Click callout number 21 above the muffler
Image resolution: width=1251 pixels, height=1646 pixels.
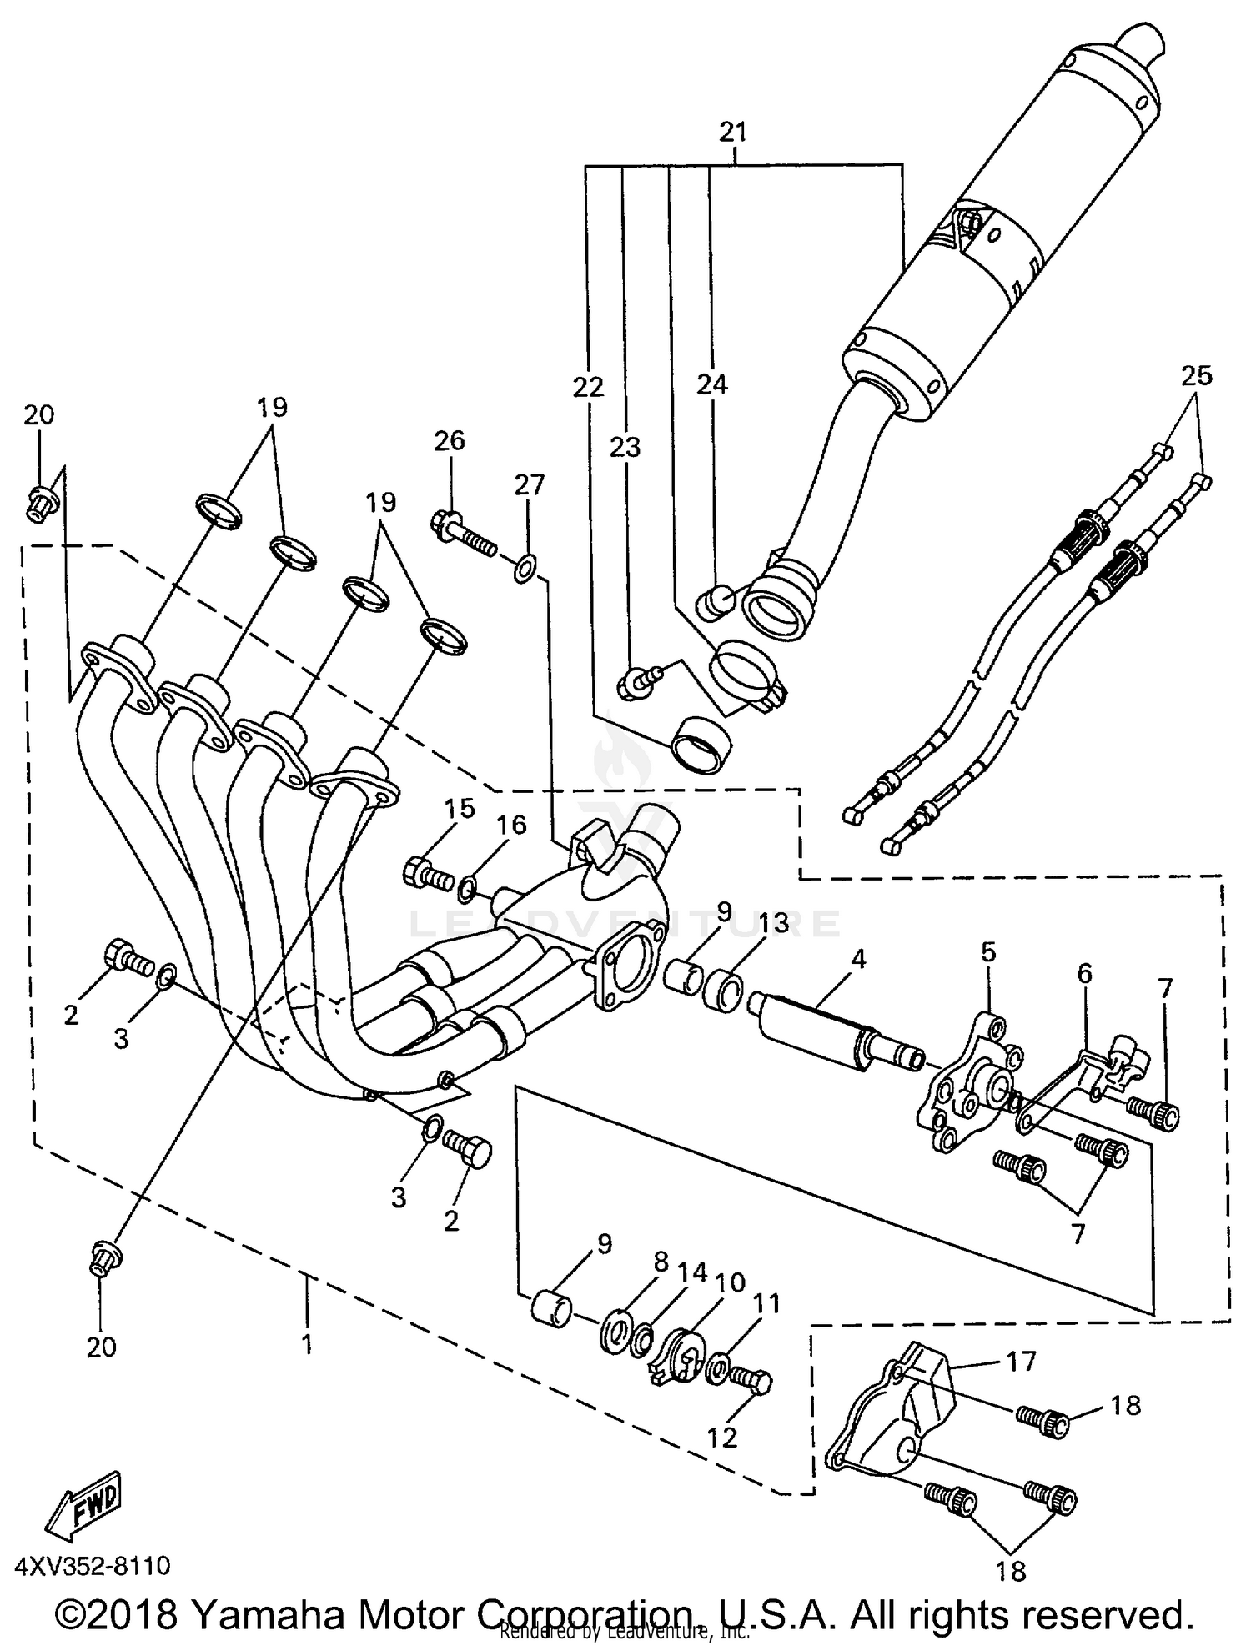tap(733, 133)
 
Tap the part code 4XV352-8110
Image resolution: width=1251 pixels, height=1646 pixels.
tap(93, 1566)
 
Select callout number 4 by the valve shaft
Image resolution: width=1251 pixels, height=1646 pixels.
tap(858, 959)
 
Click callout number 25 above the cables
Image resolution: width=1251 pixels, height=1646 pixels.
tap(1196, 375)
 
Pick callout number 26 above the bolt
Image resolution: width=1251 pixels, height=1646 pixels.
tap(450, 440)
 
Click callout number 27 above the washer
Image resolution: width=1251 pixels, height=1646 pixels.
tap(530, 484)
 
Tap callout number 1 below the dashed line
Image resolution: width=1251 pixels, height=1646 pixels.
tap(308, 1344)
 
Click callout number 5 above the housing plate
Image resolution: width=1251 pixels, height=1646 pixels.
tap(988, 951)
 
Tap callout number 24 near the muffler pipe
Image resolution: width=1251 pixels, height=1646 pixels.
tap(712, 384)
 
